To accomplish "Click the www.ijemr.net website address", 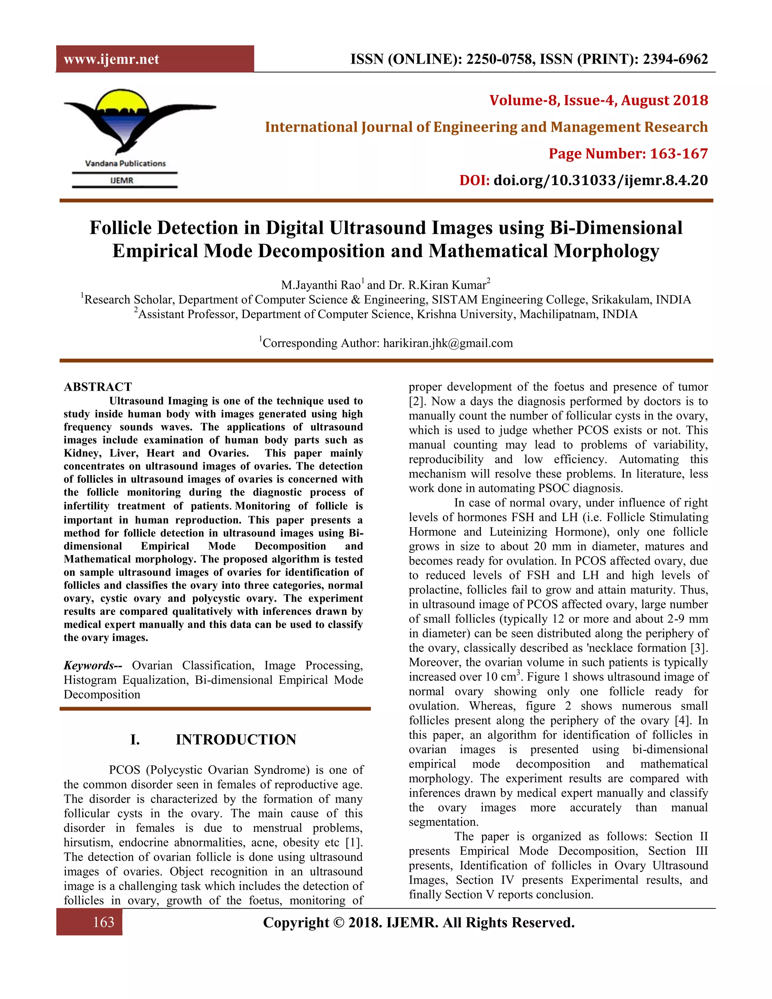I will [x=111, y=59].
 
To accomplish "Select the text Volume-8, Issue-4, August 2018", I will [x=598, y=100].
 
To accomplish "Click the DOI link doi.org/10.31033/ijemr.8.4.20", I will [x=600, y=180].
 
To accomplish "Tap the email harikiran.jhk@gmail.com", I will [x=448, y=343].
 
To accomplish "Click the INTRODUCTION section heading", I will [x=236, y=740].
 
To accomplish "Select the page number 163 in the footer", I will [x=103, y=922].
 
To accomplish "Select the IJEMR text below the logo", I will [x=122, y=180].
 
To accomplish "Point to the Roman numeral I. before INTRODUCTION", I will [x=135, y=740].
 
